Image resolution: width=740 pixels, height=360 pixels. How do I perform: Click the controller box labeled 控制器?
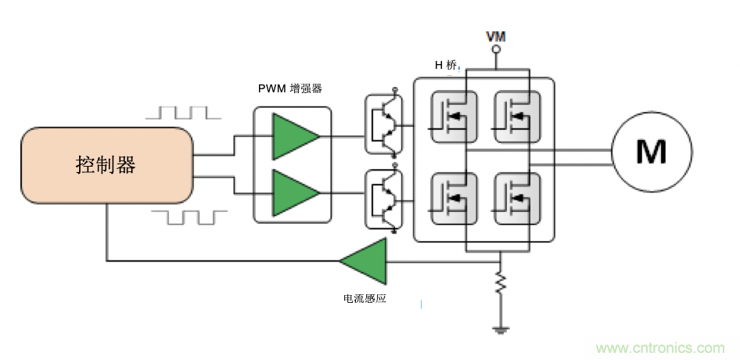pos(106,165)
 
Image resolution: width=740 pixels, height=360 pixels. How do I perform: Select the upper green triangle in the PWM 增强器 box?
pos(294,136)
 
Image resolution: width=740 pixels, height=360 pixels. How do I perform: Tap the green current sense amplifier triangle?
pos(365,261)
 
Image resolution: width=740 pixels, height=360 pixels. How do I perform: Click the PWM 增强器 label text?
pos(290,88)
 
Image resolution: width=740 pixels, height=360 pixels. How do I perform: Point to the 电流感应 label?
pos(365,298)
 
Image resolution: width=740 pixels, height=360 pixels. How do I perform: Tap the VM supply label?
pos(494,37)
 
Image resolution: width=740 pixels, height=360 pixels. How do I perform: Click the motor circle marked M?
pos(651,151)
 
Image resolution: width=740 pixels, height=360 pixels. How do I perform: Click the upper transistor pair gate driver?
pos(384,121)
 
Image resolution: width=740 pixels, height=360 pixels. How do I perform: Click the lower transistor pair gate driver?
pos(384,200)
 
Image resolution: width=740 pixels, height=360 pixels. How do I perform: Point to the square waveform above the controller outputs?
pos(183,112)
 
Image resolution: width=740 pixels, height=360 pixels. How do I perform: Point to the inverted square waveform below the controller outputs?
pos(189,217)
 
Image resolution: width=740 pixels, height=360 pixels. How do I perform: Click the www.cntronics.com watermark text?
pos(661,347)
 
